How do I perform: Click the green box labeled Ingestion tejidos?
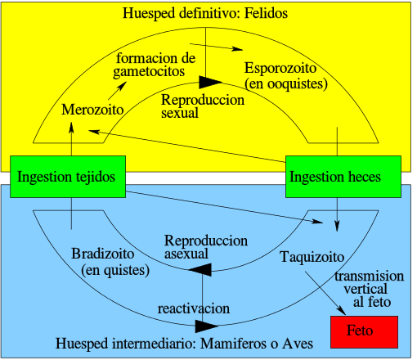(x=68, y=177)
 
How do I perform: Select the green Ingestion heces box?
(x=343, y=177)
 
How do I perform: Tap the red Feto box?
(x=365, y=332)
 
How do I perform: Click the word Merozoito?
(x=92, y=110)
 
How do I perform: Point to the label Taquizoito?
(x=312, y=257)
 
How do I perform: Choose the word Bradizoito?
(x=103, y=254)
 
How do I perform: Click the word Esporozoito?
(x=280, y=68)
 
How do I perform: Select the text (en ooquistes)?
(x=286, y=83)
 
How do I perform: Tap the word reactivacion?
(x=194, y=308)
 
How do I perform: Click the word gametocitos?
(x=149, y=72)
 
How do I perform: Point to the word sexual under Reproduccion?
(x=180, y=113)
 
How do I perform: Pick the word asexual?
(x=186, y=254)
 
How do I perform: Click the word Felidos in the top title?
(x=266, y=13)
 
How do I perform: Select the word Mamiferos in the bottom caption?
(x=234, y=344)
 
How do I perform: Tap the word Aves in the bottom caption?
(x=298, y=344)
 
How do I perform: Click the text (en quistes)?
(x=115, y=270)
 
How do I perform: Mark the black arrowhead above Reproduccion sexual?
(x=210, y=82)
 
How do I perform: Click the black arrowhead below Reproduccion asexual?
(x=200, y=270)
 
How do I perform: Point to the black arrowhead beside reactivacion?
(x=207, y=326)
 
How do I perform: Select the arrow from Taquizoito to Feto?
(x=325, y=293)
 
